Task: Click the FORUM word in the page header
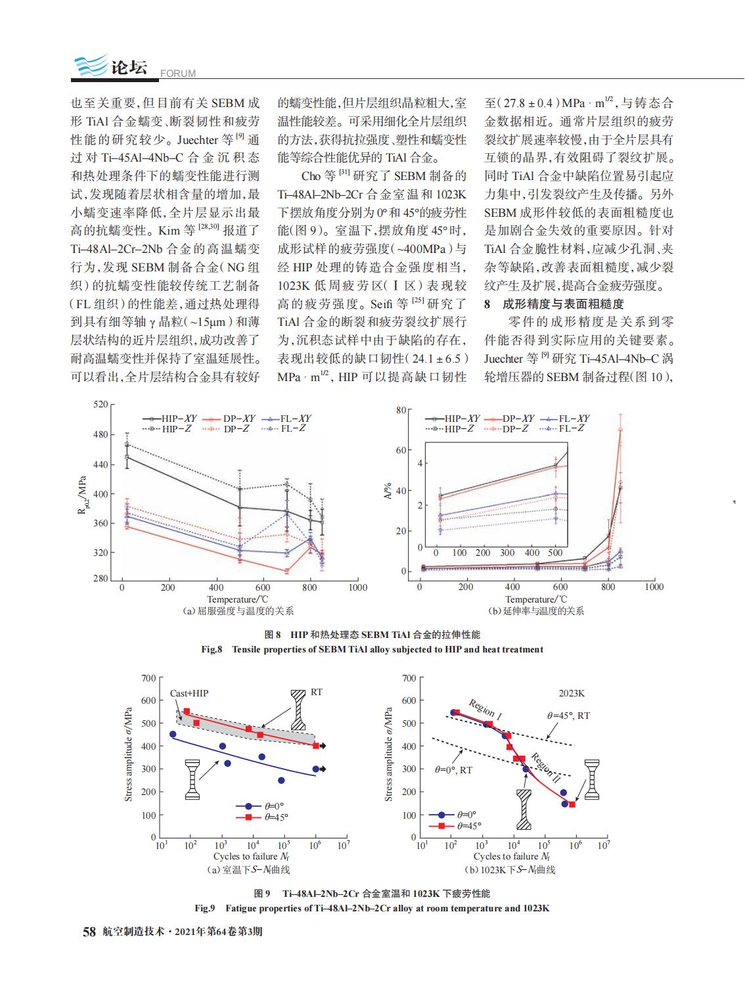point(178,74)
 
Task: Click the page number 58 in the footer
point(89,932)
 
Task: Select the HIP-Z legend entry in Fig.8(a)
point(167,428)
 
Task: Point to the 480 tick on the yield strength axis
point(101,434)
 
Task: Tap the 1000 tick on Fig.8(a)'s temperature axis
point(358,587)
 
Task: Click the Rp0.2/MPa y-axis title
point(82,495)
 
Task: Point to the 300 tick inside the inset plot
point(507,553)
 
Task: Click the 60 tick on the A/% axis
point(401,450)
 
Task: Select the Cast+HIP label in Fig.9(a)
point(189,693)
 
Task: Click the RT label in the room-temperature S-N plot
point(317,692)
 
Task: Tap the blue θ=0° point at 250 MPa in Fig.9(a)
point(281,781)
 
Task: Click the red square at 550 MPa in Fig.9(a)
point(187,712)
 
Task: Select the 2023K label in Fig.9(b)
point(572,693)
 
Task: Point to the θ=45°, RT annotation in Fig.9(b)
point(568,716)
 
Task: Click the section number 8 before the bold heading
point(487,304)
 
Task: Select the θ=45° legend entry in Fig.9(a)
point(262,817)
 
